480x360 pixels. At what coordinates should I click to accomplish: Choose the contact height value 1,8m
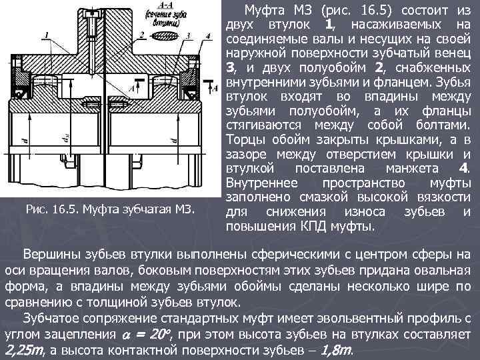337,350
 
